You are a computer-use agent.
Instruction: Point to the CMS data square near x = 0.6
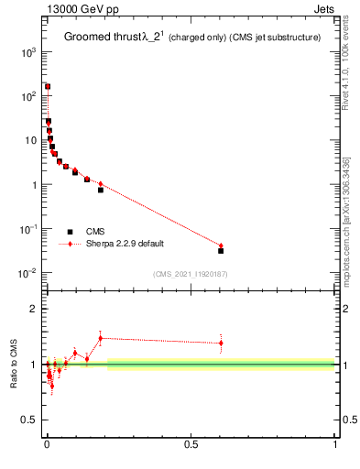[x=221, y=250]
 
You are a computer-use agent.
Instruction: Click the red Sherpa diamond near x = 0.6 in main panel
[x=221, y=245]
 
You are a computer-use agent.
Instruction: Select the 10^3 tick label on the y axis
[x=27, y=52]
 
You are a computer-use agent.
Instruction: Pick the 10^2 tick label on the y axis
[x=27, y=96]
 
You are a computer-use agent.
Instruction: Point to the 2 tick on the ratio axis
[x=33, y=309]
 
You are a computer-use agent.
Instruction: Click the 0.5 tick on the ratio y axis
[x=28, y=420]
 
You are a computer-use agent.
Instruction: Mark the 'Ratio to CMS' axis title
[x=15, y=364]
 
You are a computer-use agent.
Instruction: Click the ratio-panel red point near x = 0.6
[x=221, y=343]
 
